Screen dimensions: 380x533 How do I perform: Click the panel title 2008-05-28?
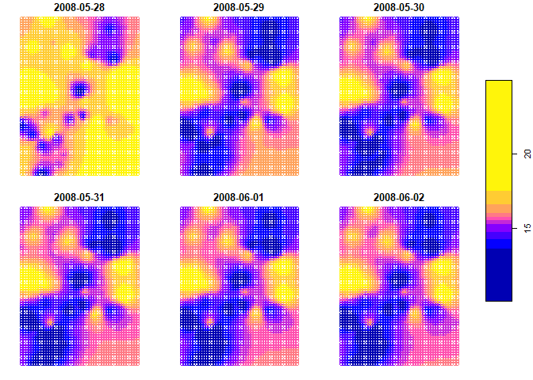(x=79, y=7)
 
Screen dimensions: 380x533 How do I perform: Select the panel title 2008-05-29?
(x=239, y=7)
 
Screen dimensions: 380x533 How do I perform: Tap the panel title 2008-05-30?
(x=398, y=7)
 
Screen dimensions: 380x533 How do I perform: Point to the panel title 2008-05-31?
(x=79, y=197)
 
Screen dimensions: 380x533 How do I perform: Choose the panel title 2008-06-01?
(x=239, y=197)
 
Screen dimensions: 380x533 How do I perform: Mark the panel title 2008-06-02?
(x=398, y=197)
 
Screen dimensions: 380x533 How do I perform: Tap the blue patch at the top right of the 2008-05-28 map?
(x=110, y=52)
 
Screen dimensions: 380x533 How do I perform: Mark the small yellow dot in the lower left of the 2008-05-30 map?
(x=369, y=129)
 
